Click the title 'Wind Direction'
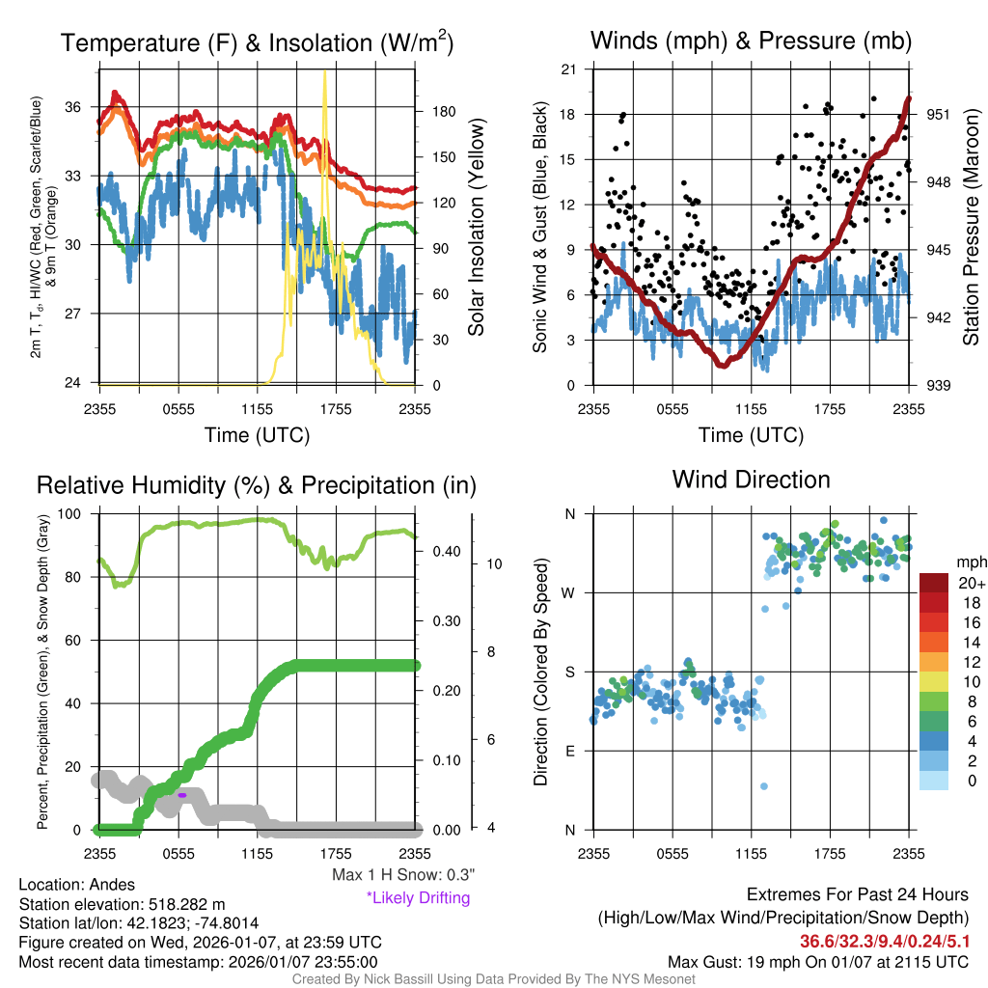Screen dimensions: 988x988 751,480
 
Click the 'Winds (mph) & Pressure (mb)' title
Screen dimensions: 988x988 751,41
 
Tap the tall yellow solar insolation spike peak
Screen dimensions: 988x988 325,73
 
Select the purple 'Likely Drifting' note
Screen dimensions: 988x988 418,897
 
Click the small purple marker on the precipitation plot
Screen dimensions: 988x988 181,795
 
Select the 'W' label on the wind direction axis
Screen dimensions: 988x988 570,592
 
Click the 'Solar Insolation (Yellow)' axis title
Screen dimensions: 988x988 476,227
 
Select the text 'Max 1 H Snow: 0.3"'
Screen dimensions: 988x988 403,875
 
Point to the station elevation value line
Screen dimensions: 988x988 122,904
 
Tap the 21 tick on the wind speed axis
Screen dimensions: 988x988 569,69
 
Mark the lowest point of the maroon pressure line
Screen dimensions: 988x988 723,365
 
